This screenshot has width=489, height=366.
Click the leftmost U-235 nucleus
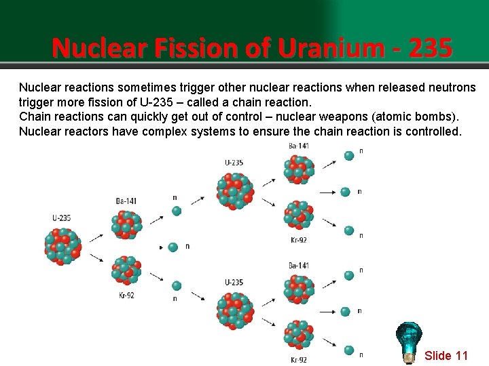[62, 245]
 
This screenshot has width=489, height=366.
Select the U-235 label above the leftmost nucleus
[62, 218]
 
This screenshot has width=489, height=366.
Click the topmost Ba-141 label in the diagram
[299, 146]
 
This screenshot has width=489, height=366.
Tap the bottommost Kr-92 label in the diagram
[299, 359]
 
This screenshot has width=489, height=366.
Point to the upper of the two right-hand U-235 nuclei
[235, 190]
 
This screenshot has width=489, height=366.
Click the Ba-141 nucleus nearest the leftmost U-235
[126, 224]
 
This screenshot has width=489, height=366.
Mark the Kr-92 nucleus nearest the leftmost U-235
[126, 270]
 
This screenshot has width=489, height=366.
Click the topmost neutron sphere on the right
[349, 156]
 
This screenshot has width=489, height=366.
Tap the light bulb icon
[409, 341]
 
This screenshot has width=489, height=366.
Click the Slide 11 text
[446, 356]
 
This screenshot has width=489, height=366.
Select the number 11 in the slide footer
[462, 356]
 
